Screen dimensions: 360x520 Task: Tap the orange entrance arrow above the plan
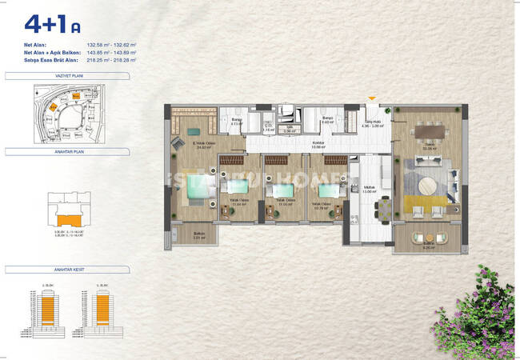(x=370, y=99)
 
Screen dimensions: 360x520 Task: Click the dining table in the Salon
(x=430, y=130)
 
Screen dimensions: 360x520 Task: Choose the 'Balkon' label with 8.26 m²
(x=428, y=245)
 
